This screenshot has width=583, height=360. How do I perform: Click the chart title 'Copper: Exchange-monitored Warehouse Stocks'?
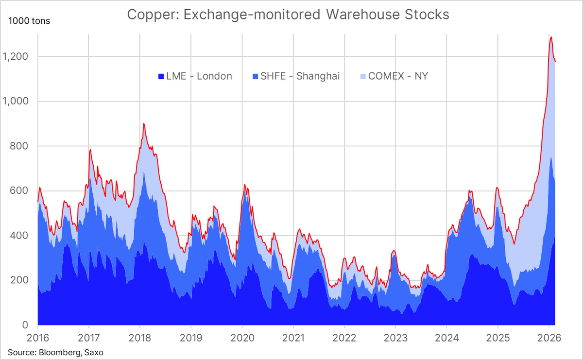(288, 15)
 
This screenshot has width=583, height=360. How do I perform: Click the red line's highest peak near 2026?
(551, 37)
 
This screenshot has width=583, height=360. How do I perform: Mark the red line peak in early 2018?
(144, 124)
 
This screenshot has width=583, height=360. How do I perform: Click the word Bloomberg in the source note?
(53, 352)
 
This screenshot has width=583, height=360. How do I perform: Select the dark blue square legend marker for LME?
(161, 77)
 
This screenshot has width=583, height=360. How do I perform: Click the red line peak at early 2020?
(244, 185)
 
